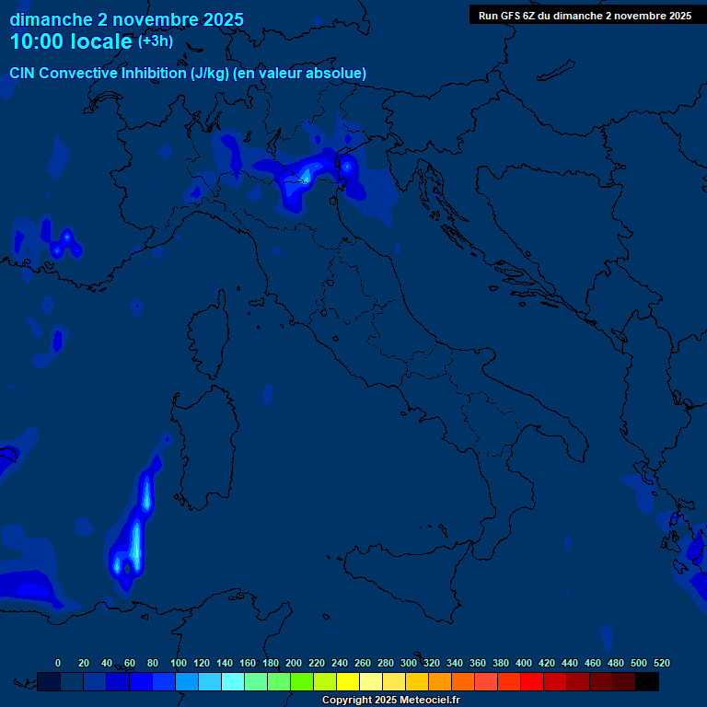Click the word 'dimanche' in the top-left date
(x=51, y=19)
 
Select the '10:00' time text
(x=38, y=41)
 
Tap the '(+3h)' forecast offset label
(x=155, y=41)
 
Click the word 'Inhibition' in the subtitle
(x=153, y=73)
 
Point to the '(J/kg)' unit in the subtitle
(x=212, y=73)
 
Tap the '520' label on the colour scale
(x=661, y=663)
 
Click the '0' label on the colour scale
(x=58, y=663)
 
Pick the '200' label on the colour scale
(x=294, y=663)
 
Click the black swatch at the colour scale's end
(x=647, y=681)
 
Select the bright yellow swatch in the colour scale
(x=348, y=681)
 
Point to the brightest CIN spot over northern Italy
(x=306, y=173)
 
